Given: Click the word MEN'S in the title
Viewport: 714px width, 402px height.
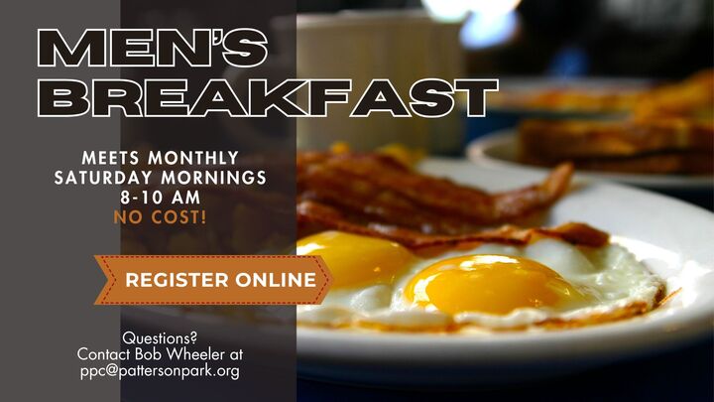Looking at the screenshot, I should point(152,47).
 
